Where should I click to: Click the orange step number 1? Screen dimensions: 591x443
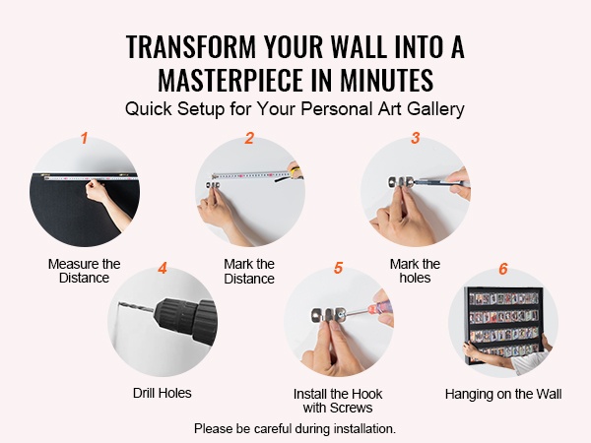[x=84, y=138]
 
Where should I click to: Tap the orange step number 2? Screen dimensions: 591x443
[x=249, y=138]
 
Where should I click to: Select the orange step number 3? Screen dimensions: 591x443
[x=416, y=138]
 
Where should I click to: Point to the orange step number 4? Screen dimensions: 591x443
[x=163, y=268]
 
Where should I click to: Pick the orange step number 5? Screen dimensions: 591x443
[x=338, y=268]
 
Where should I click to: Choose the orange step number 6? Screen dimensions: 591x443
[x=503, y=269]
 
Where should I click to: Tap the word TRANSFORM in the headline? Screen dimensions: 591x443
[x=191, y=46]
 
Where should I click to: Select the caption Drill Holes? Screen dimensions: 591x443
[x=163, y=393]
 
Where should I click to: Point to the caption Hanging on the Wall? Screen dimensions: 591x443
[x=503, y=394]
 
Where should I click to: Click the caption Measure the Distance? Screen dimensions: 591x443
[x=84, y=271]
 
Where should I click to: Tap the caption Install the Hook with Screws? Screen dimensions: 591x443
[x=338, y=401]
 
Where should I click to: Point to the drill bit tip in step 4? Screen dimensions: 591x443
[x=119, y=302]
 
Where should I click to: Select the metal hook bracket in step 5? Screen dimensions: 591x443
[x=329, y=315]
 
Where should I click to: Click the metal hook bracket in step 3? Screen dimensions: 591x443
[x=402, y=182]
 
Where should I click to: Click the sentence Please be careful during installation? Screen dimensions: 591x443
[x=295, y=428]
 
